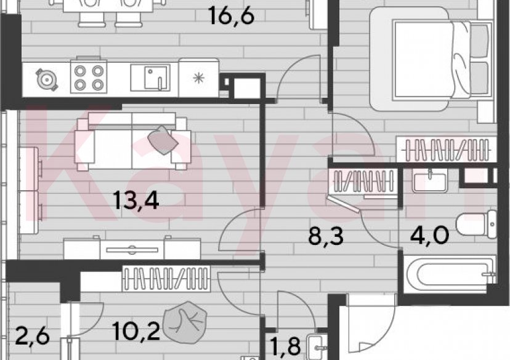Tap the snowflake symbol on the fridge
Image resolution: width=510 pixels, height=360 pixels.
(x=198, y=78)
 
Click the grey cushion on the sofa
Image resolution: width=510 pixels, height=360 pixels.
(x=164, y=140)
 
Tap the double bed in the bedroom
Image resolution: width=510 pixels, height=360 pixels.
(x=431, y=58)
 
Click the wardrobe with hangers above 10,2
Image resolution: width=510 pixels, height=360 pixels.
(x=168, y=277)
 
